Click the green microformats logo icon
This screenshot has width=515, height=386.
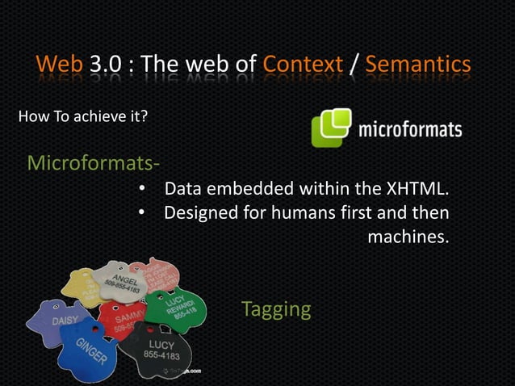coord(331,128)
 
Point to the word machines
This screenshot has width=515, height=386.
coord(408,239)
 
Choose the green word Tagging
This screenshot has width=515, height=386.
coord(276,309)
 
